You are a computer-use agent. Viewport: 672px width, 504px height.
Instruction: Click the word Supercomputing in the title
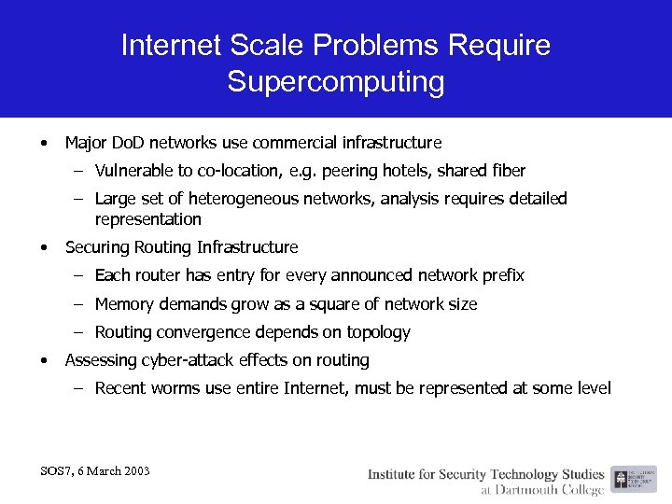click(336, 82)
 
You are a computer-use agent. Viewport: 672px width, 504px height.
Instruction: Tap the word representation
click(148, 219)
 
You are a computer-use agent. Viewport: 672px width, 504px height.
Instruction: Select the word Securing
click(96, 247)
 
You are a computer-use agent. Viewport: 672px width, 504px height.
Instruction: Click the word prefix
click(503, 275)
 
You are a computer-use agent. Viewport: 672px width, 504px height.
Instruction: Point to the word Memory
click(125, 304)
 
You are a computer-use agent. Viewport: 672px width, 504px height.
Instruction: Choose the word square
click(349, 304)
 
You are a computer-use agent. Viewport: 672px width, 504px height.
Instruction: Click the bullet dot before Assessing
click(44, 360)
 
